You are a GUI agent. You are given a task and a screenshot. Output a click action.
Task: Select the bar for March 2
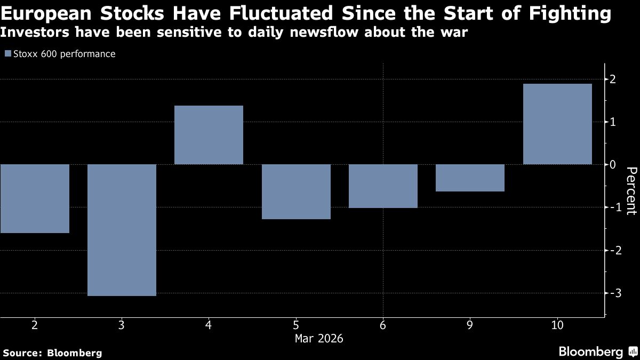click(x=35, y=198)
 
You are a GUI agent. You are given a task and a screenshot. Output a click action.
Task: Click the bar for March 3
click(x=122, y=230)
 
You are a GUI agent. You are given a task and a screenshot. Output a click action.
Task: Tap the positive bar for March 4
click(x=209, y=135)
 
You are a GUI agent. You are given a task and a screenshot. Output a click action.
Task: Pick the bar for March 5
click(x=296, y=191)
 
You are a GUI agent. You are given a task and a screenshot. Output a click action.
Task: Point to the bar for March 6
click(x=383, y=186)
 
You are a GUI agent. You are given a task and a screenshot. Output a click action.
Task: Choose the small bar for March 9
click(x=470, y=178)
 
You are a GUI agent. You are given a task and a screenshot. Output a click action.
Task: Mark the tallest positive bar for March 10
click(x=557, y=124)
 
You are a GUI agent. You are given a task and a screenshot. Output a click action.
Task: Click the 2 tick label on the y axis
click(x=613, y=79)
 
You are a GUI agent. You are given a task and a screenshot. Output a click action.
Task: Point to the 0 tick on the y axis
click(x=613, y=165)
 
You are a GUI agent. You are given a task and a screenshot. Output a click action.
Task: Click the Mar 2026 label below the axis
click(x=319, y=338)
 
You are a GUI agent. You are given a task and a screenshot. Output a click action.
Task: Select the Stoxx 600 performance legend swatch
click(x=7, y=54)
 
